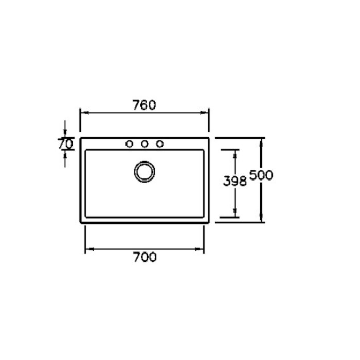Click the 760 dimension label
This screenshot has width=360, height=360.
[x=144, y=105]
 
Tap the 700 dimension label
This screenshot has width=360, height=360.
[x=145, y=257]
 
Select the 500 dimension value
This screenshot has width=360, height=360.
[x=261, y=175]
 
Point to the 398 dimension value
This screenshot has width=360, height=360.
[x=235, y=181]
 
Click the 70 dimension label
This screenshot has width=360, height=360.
[x=65, y=144]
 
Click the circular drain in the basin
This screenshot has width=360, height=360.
[x=145, y=172]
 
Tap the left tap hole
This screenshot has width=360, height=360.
[x=130, y=144]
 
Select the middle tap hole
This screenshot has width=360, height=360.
[x=145, y=144]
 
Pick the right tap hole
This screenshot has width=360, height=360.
[x=160, y=144]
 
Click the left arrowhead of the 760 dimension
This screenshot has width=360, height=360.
[x=85, y=113]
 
